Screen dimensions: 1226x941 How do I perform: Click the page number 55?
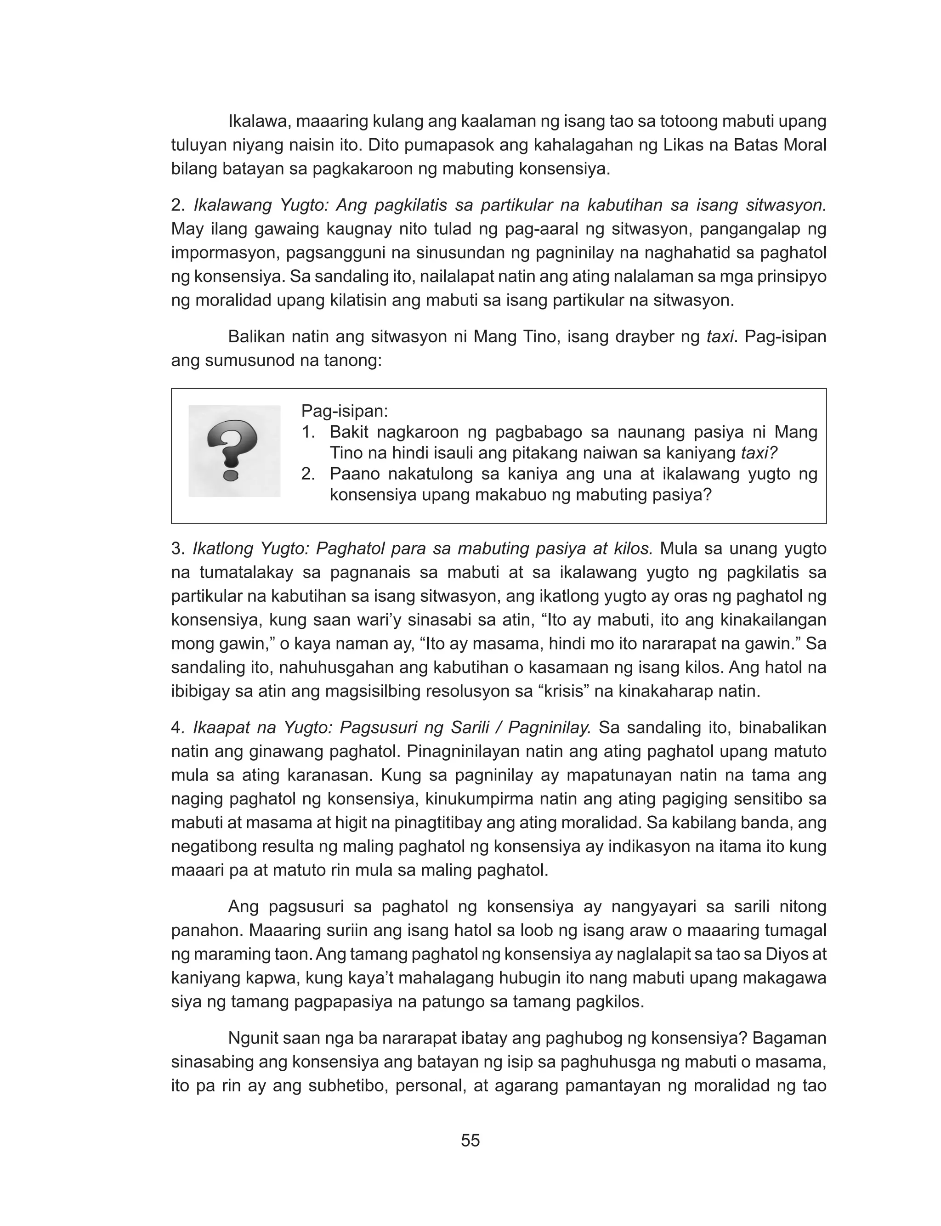coord(470,1141)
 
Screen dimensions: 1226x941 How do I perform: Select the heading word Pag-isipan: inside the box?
coord(345,411)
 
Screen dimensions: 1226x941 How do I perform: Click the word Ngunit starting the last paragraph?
coord(254,1039)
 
